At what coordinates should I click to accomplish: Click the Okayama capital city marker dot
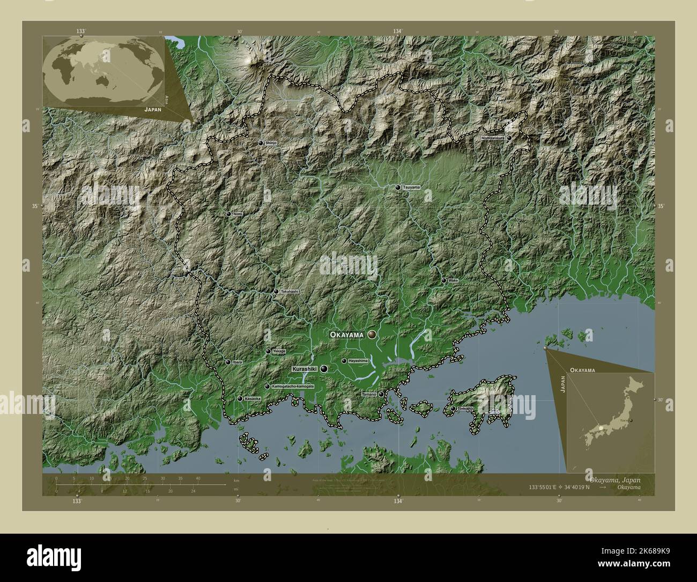(372, 334)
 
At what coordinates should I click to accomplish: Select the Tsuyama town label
(411, 187)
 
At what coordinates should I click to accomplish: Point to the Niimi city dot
(228, 214)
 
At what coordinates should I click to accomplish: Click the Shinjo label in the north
(271, 143)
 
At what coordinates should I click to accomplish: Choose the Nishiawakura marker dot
(509, 138)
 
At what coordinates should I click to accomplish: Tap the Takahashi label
(290, 292)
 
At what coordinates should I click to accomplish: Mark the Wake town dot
(444, 280)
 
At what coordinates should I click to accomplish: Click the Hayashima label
(358, 361)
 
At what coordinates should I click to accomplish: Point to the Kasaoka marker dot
(240, 399)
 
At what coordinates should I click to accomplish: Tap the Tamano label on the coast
(369, 395)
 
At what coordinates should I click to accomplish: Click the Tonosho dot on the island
(453, 409)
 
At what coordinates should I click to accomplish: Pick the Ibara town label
(237, 362)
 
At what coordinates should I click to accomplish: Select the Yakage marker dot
(268, 352)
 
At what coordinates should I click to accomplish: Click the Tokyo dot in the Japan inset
(631, 420)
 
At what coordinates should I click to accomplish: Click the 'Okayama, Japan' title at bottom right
(613, 479)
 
